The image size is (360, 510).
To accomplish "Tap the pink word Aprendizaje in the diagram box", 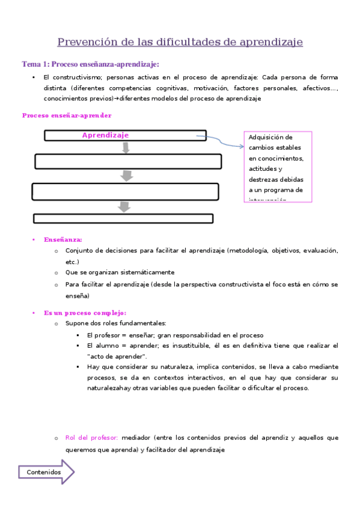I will point(105,135).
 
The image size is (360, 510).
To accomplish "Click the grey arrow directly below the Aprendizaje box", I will point(126,147).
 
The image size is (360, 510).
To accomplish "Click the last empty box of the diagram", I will point(123,218).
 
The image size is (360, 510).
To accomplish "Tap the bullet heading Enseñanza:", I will point(63,239).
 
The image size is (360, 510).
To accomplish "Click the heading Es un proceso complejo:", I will point(85,313).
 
